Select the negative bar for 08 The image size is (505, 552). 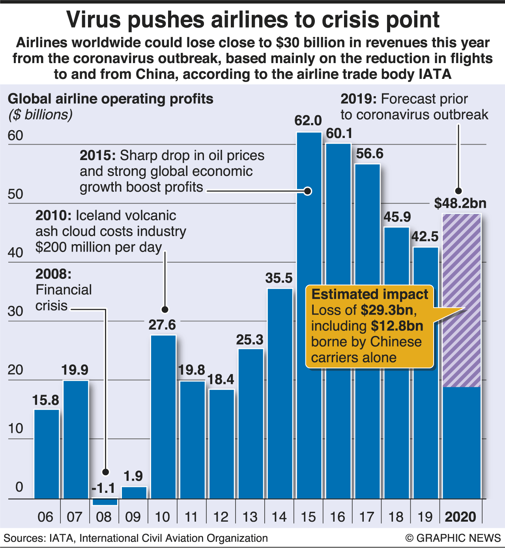coord(105,502)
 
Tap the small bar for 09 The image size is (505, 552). coord(134,493)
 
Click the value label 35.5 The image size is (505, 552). coord(279,278)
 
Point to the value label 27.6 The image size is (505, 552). coord(162,325)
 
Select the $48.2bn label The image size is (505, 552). coord(460,203)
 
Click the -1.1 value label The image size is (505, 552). coord(103,489)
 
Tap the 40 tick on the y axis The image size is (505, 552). coord(15,253)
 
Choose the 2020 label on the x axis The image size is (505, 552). coord(460,517)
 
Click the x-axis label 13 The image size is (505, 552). coord(250,517)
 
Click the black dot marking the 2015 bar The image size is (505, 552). coord(308,191)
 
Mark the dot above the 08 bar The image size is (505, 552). coord(105,472)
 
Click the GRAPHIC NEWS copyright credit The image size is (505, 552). coord(453,538)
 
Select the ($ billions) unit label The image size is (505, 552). coord(41,115)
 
